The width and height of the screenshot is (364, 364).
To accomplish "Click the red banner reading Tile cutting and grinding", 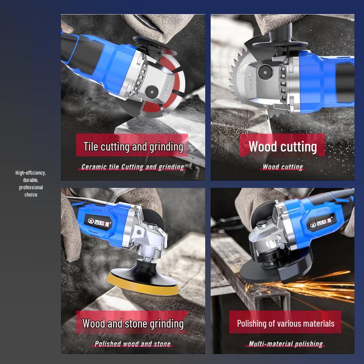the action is [x=132, y=145].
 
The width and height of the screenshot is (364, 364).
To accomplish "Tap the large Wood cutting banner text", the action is [x=283, y=147].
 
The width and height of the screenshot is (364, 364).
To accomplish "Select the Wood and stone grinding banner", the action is [x=132, y=323].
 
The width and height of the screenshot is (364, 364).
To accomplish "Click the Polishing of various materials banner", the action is [x=285, y=323].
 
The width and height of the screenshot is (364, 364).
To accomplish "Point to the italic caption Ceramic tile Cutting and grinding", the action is [x=132, y=167].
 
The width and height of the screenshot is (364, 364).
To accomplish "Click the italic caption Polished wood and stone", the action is [x=132, y=344].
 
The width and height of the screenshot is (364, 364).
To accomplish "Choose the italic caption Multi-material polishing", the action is [x=286, y=344].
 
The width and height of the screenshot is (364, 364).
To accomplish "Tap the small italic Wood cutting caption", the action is [x=283, y=167].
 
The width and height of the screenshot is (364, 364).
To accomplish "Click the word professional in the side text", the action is [x=31, y=187].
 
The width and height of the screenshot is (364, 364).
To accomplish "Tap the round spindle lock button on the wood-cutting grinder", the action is [x=265, y=72].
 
